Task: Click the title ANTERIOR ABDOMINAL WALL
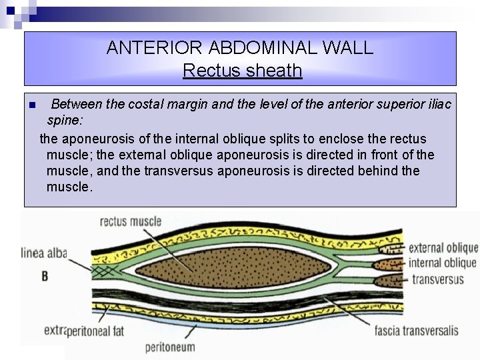click(240, 48)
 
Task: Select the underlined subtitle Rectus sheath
click(242, 71)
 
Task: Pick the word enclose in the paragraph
click(331, 139)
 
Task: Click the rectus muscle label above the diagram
click(131, 221)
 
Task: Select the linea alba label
click(44, 252)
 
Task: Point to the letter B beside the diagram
click(45, 275)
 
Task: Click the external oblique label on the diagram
click(442, 249)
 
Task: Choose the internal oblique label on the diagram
click(442, 263)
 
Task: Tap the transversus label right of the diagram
click(437, 279)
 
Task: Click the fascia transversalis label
click(416, 331)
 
